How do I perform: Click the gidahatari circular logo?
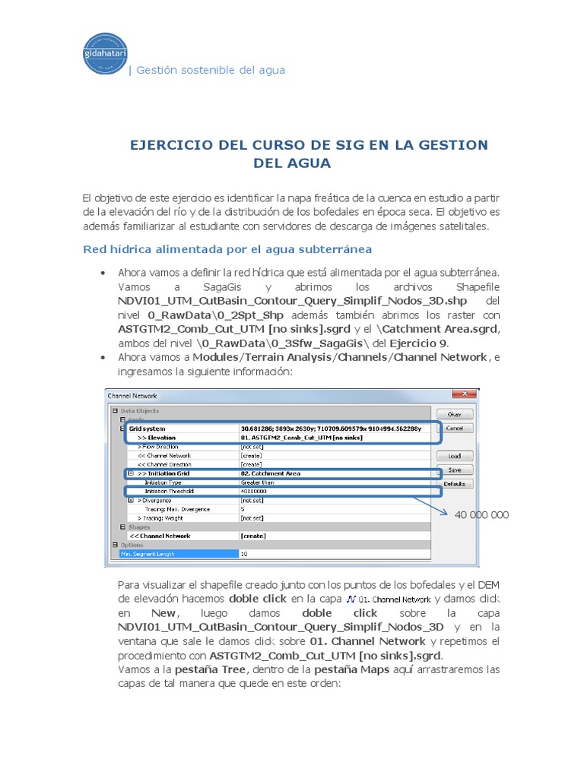(105, 54)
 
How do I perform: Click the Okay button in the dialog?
(454, 415)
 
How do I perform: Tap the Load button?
(454, 456)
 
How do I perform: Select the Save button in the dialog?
(454, 470)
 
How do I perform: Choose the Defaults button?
(454, 484)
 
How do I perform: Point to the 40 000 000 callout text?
(481, 515)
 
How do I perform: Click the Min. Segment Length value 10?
(244, 554)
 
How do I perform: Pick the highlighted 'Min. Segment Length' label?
(148, 554)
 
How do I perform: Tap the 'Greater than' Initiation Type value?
(258, 482)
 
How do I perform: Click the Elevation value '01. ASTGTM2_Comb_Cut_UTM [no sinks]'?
(301, 438)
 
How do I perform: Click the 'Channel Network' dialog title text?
(132, 396)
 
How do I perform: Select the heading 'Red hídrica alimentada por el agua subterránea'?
(227, 249)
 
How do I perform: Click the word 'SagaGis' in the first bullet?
(222, 288)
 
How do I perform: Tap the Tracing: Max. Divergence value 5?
(243, 509)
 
